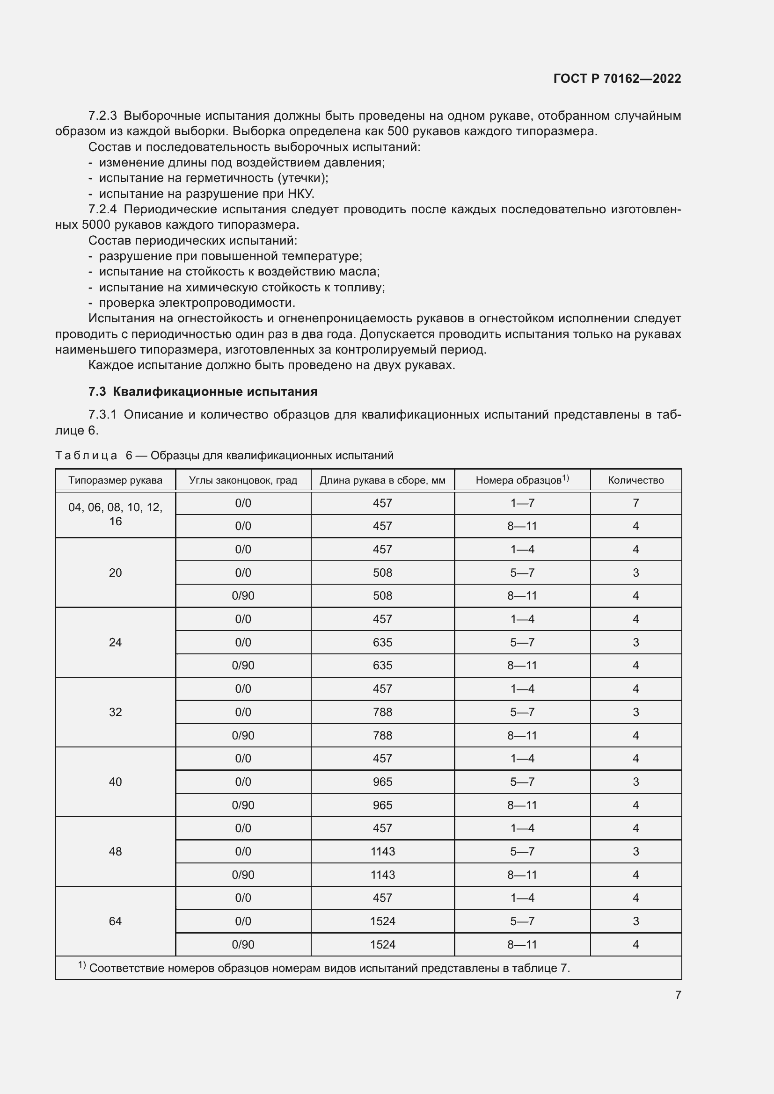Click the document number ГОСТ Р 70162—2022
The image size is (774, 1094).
(617, 79)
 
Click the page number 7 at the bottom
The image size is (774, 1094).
(678, 995)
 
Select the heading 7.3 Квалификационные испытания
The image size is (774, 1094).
(203, 391)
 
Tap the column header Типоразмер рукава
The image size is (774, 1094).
(115, 480)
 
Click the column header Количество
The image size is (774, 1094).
(635, 480)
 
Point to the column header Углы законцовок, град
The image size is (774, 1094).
(243, 480)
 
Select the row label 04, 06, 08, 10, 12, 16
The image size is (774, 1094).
(115, 514)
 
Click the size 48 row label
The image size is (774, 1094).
(115, 851)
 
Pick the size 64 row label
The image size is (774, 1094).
(115, 921)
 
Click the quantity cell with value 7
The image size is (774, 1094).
(635, 503)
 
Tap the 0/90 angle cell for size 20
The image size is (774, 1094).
(243, 595)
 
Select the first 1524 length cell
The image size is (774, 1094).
(383, 921)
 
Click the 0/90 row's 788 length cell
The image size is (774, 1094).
(383, 735)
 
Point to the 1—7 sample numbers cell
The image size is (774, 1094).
(522, 503)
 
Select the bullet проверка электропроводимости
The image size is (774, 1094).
(197, 303)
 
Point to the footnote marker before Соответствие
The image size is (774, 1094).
(81, 965)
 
